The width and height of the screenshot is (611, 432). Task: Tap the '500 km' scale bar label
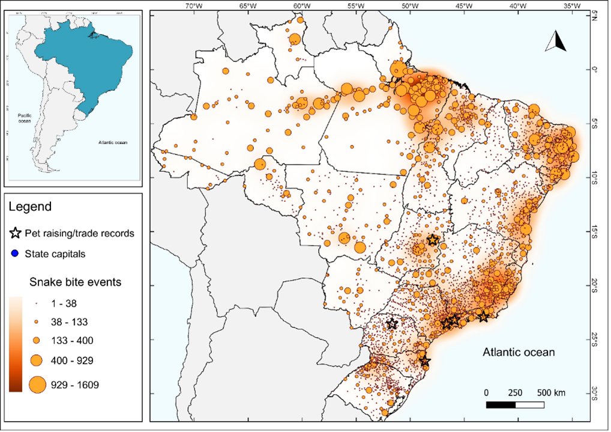pyautogui.click(x=549, y=393)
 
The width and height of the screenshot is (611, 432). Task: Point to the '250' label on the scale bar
pyautogui.click(x=516, y=393)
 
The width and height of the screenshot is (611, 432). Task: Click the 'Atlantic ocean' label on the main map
pyautogui.click(x=519, y=352)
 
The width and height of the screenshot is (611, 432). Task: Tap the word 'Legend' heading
pyautogui.click(x=30, y=207)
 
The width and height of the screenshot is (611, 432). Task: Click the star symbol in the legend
pyautogui.click(x=19, y=233)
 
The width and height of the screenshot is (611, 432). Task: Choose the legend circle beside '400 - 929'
pyautogui.click(x=37, y=361)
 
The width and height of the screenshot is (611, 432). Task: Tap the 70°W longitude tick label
pyautogui.click(x=193, y=5)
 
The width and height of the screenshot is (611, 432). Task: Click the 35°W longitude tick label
pyautogui.click(x=571, y=5)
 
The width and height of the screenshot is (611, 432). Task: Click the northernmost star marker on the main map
pyautogui.click(x=433, y=240)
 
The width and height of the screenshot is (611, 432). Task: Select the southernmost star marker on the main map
pyautogui.click(x=424, y=361)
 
